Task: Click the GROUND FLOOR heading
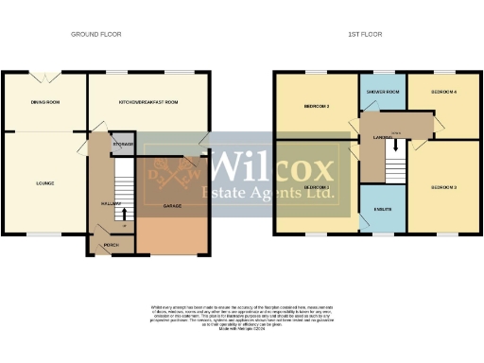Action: coord(96,34)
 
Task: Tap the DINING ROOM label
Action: coord(45,101)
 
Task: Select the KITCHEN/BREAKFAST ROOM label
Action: coord(148,101)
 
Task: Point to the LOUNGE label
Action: coord(44,182)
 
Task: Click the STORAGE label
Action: coord(123,144)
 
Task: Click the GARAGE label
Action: coord(172,204)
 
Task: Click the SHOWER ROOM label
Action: coord(382,92)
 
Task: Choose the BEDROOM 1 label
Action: coord(316,187)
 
